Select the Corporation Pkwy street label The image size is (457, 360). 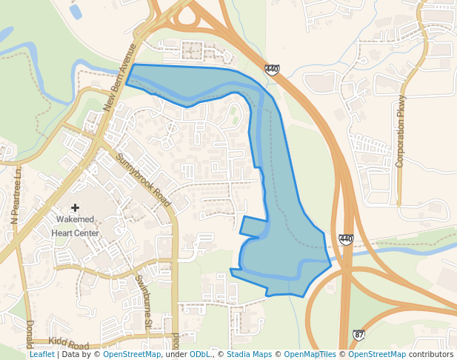pyautogui.click(x=401, y=131)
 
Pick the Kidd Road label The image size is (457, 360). pyautogui.click(x=68, y=345)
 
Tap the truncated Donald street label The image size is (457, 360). pyautogui.click(x=30, y=334)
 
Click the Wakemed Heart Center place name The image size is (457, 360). pyautogui.click(x=75, y=227)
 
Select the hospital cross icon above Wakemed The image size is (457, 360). pyautogui.click(x=75, y=208)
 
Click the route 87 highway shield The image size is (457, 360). pyautogui.click(x=358, y=336)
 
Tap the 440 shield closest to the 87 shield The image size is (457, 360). pyautogui.click(x=346, y=239)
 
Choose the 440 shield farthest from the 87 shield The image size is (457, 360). pyautogui.click(x=272, y=70)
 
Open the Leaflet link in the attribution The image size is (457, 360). pyautogui.click(x=41, y=355)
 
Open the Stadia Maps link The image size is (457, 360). pyautogui.click(x=249, y=355)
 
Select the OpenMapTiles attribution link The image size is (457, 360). pyautogui.click(x=310, y=355)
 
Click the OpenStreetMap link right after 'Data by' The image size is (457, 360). pyautogui.click(x=132, y=355)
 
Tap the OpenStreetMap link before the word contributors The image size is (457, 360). pyautogui.click(x=377, y=355)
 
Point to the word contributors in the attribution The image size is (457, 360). pyautogui.click(x=431, y=355)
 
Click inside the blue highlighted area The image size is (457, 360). pyautogui.click(x=285, y=222)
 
